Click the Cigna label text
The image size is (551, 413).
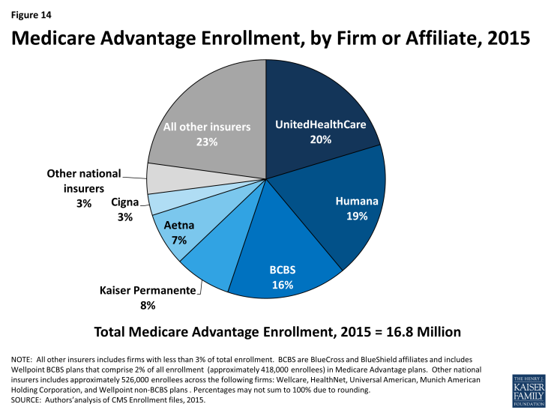click(x=122, y=202)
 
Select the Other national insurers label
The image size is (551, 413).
click(x=82, y=181)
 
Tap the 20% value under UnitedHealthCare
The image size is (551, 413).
click(x=320, y=139)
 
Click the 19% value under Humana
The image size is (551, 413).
click(x=357, y=217)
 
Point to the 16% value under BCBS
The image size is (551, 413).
click(x=282, y=285)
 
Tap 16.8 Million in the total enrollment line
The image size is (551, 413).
click(x=418, y=331)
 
